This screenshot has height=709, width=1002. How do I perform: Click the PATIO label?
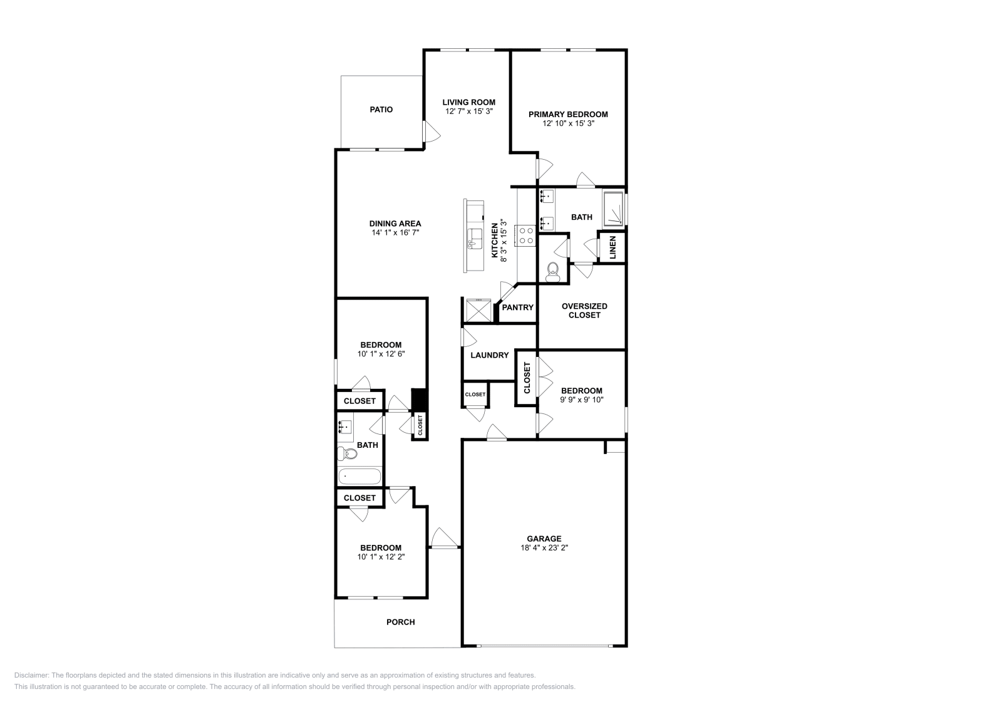click(381, 110)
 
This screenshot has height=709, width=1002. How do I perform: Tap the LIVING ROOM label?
click(469, 103)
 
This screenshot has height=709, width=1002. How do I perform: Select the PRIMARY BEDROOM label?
click(568, 115)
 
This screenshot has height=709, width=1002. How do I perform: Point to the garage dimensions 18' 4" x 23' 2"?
click(544, 547)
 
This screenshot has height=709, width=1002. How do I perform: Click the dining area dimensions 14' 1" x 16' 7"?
click(395, 232)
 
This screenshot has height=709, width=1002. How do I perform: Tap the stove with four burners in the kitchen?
click(525, 235)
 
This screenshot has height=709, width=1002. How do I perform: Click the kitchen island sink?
click(475, 239)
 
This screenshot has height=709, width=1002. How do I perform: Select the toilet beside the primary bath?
click(553, 272)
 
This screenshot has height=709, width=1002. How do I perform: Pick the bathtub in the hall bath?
click(359, 477)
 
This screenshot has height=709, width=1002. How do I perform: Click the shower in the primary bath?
click(613, 209)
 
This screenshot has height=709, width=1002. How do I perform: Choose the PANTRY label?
click(517, 308)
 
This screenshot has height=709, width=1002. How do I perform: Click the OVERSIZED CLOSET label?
click(584, 311)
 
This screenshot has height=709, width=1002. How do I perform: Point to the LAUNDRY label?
click(489, 355)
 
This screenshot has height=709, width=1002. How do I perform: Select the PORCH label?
click(400, 622)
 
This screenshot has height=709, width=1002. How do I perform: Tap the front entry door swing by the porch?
click(445, 537)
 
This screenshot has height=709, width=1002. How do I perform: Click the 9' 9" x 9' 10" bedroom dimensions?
click(582, 400)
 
